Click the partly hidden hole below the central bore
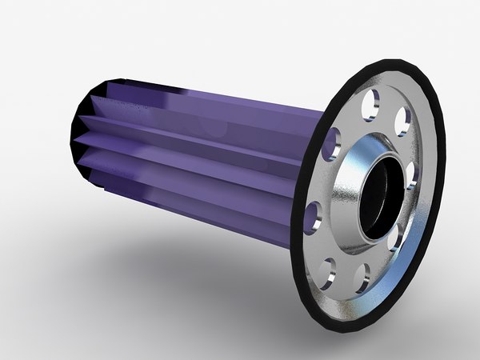click(x=392, y=240)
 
